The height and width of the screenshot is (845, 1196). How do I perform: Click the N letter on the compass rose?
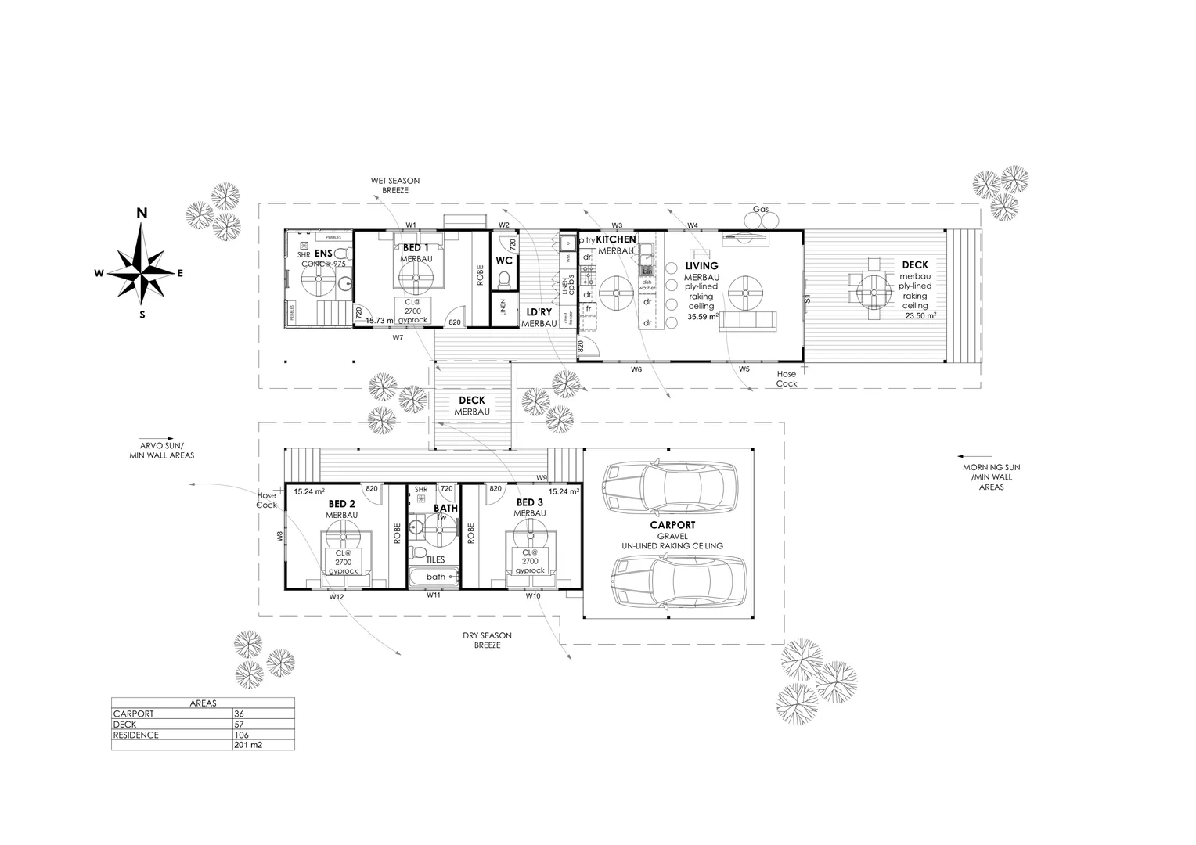click(x=142, y=213)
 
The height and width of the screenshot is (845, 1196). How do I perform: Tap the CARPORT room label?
click(x=672, y=525)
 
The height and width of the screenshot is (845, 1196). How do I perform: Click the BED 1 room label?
click(x=415, y=247)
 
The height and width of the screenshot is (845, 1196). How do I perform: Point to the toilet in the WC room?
click(x=504, y=279)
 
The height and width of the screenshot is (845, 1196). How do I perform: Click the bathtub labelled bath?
click(x=434, y=577)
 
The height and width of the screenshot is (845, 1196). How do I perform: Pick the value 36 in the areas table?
click(x=240, y=714)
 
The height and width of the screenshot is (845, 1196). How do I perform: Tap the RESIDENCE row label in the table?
click(x=136, y=735)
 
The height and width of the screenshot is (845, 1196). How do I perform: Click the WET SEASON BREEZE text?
click(x=395, y=185)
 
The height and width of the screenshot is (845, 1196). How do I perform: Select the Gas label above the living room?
click(x=760, y=210)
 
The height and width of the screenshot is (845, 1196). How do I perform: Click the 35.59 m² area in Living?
click(x=701, y=317)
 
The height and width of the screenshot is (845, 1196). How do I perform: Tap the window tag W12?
click(x=337, y=597)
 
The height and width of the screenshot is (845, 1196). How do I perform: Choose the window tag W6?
click(x=636, y=369)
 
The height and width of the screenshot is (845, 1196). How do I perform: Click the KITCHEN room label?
click(x=616, y=239)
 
